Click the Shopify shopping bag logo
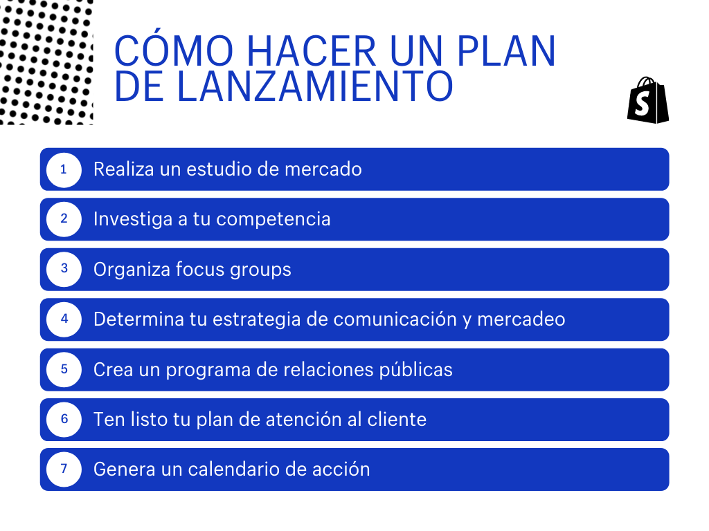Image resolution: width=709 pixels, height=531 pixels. pyautogui.click(x=648, y=100)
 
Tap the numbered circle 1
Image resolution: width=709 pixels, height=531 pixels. pyautogui.click(x=64, y=170)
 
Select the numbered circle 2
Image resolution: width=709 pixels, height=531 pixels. pyautogui.click(x=64, y=219)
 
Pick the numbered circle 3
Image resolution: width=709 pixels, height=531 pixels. pyautogui.click(x=64, y=270)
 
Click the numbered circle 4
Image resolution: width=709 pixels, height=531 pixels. pyautogui.click(x=64, y=319)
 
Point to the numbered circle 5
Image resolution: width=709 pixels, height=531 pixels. pyautogui.click(x=64, y=370)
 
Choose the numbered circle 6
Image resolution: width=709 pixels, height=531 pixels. pyautogui.click(x=64, y=420)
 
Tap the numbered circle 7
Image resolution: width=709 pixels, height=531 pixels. pyautogui.click(x=64, y=469)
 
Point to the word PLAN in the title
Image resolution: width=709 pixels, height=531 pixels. pyautogui.click(x=506, y=51)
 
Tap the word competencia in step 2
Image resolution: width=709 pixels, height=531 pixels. pyautogui.click(x=273, y=220)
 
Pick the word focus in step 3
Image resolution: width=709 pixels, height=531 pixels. pyautogui.click(x=199, y=269)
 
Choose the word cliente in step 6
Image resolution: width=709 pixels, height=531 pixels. pyautogui.click(x=397, y=420)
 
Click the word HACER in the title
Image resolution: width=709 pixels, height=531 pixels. pyautogui.click(x=312, y=51)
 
